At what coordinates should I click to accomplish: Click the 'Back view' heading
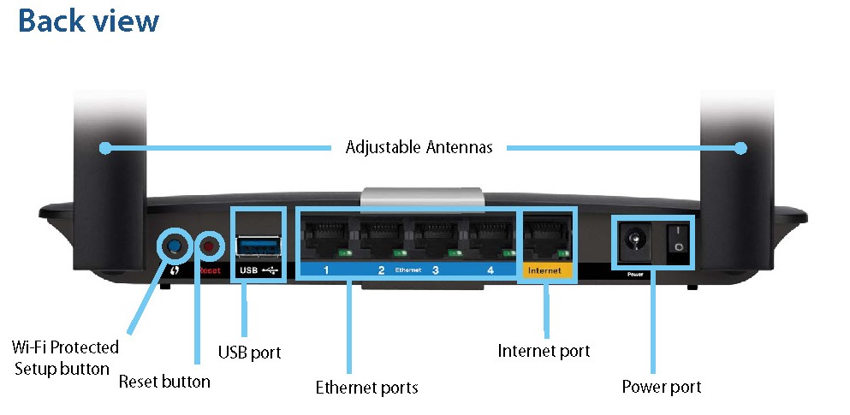click(88, 21)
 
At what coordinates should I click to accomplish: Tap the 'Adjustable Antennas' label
click(419, 147)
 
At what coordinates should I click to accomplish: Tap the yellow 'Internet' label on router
click(544, 270)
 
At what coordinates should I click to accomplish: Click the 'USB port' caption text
click(249, 353)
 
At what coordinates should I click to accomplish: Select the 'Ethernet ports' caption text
click(366, 388)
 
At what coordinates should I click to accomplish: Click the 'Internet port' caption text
click(544, 351)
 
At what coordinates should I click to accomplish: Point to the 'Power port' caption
click(661, 387)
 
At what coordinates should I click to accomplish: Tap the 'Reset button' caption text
click(164, 381)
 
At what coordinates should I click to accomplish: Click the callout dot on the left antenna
click(105, 148)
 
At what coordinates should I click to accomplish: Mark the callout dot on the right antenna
click(740, 148)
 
